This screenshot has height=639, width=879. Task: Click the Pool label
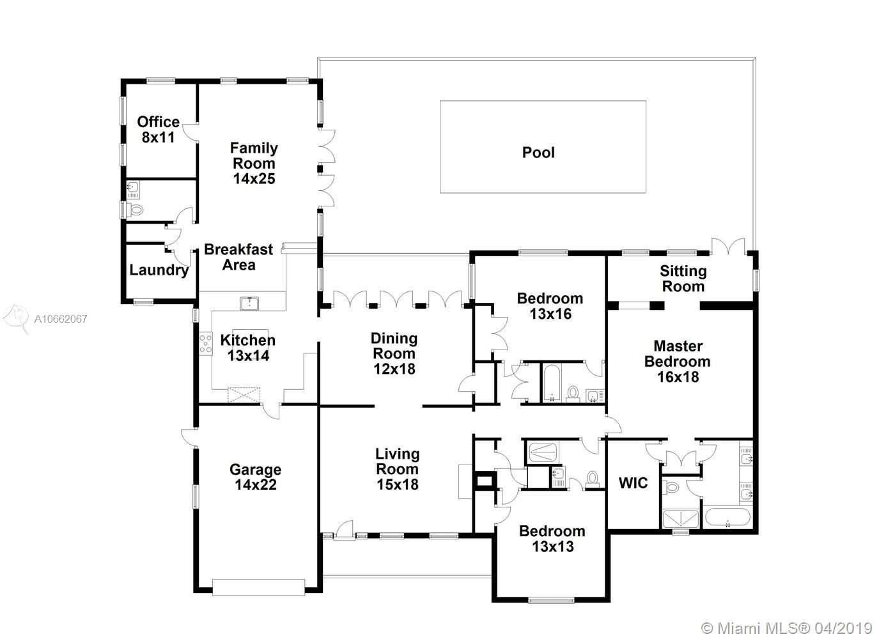[x=538, y=152]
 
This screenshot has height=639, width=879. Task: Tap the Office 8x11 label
[x=158, y=130]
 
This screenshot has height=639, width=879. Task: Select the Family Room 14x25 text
[x=254, y=163]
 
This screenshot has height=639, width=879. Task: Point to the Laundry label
[x=159, y=270]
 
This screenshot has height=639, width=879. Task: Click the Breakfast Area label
[x=238, y=257]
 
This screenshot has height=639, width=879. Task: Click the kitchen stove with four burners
[x=206, y=343]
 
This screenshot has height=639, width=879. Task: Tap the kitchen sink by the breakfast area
[x=249, y=304]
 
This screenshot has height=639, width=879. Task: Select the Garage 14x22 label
[x=256, y=477]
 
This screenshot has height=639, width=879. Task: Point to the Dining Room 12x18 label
[x=394, y=353]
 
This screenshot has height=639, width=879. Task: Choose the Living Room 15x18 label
[x=398, y=469]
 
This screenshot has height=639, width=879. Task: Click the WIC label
[x=633, y=483]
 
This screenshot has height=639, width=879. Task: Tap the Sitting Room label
[x=683, y=279]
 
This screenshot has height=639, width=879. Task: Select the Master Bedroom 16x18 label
[x=678, y=361]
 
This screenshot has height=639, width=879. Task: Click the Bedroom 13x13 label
[x=552, y=539]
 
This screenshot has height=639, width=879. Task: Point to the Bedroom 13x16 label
[x=550, y=306]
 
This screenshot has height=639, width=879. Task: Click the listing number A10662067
[x=61, y=319]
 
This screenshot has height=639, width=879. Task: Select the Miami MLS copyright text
[x=786, y=629]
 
